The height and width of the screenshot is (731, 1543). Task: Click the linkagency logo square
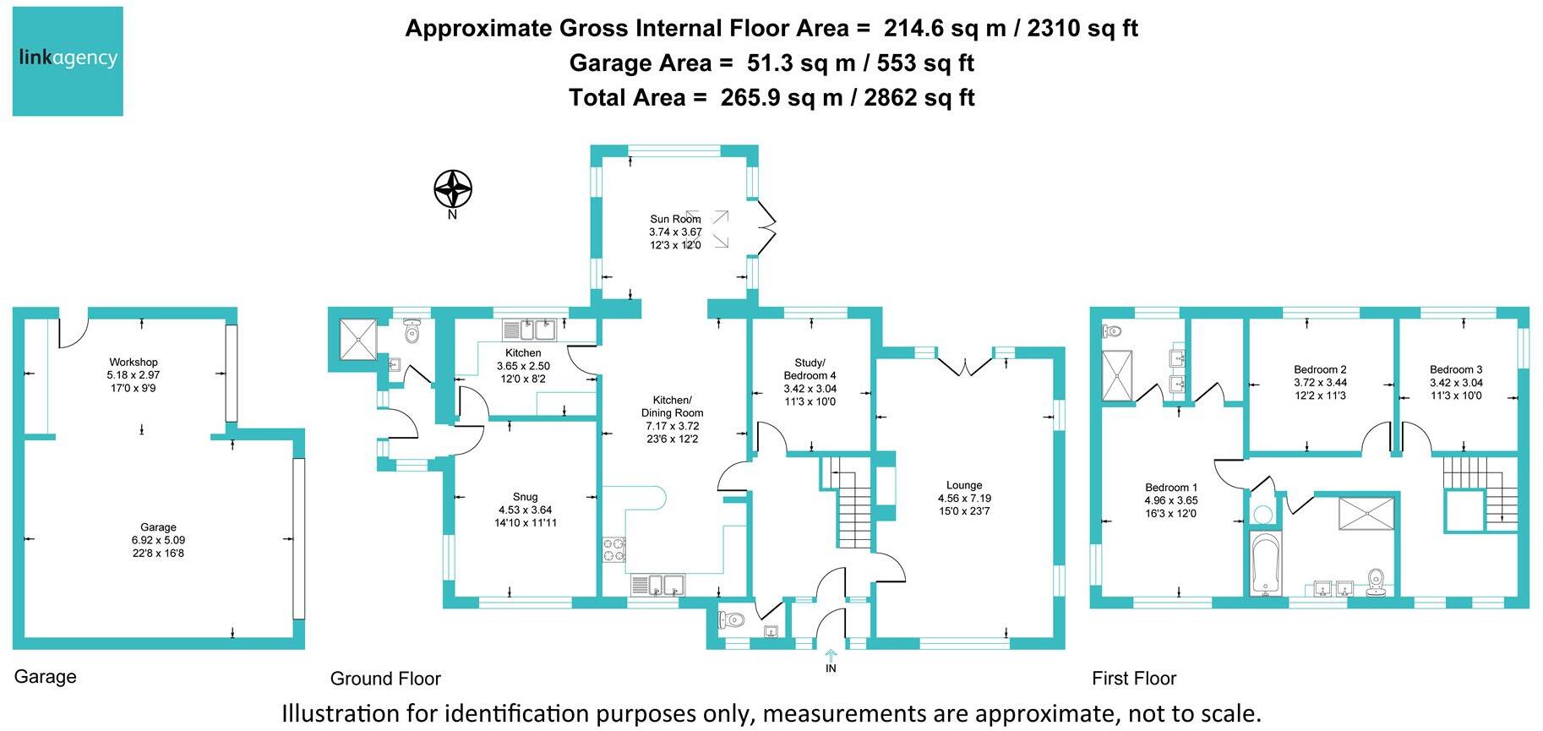point(68,61)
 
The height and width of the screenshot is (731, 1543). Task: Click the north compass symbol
point(453,189)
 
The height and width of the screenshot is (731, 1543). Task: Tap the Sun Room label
point(675,220)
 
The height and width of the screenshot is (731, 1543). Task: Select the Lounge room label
point(964,486)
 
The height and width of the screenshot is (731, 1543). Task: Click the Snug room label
point(525,498)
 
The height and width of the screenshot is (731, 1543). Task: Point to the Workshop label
point(133,363)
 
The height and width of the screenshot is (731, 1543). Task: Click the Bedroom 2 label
point(1320,369)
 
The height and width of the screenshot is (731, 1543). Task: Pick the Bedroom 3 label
point(1455,369)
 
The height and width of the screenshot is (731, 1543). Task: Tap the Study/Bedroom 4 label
point(810,369)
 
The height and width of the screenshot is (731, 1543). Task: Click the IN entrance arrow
point(831,656)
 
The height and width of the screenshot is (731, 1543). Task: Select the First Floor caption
point(1133,679)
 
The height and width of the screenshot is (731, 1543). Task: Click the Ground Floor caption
point(385,679)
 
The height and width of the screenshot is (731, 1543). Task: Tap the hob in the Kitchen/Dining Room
point(614,549)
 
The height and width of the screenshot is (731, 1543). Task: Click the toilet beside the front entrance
point(732,621)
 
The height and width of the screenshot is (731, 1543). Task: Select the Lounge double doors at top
point(964,365)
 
